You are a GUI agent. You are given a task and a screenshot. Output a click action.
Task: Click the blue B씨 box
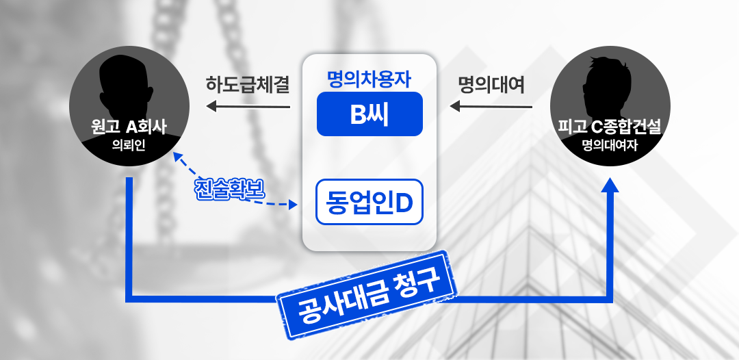pyautogui.click(x=369, y=114)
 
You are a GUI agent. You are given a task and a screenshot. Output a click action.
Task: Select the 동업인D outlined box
pyautogui.click(x=369, y=202)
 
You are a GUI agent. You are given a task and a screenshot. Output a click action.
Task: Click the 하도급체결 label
pyautogui.click(x=248, y=85)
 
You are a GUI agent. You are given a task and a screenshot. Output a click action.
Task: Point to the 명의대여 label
pyautogui.click(x=491, y=85)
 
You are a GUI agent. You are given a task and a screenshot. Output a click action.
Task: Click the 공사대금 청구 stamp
pyautogui.click(x=366, y=294)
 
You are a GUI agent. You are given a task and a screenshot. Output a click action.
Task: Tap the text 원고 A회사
pyautogui.click(x=129, y=127)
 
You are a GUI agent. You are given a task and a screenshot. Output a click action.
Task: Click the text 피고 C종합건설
pyautogui.click(x=610, y=127)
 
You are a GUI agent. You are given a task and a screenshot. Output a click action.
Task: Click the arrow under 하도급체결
pyautogui.click(x=248, y=107)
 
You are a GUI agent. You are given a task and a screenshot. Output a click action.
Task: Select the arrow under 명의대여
pyautogui.click(x=491, y=107)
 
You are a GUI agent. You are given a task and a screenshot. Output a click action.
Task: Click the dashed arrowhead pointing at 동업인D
pyautogui.click(x=293, y=205)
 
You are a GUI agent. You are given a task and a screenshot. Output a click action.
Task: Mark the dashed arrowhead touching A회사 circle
pyautogui.click(x=177, y=157)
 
